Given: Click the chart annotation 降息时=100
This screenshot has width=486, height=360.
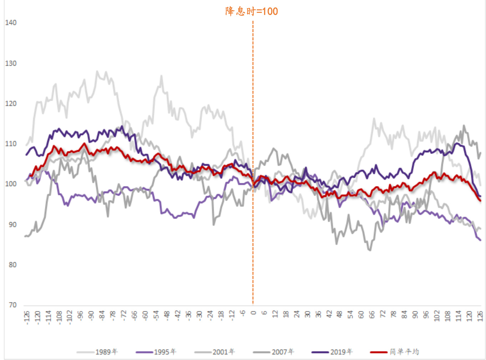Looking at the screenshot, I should click(x=252, y=11).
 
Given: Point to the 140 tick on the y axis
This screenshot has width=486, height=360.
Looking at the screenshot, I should click(x=11, y=23).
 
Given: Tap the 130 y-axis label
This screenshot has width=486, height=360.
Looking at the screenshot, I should click(x=11, y=64).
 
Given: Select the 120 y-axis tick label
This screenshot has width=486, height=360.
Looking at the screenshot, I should click(x=11, y=104).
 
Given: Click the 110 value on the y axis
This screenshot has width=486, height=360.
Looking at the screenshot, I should click(x=11, y=144).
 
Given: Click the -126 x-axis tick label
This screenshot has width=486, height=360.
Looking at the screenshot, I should click(x=26, y=317).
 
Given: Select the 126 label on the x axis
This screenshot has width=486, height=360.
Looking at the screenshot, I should click(x=480, y=316).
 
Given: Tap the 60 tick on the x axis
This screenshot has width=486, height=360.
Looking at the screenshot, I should click(x=361, y=315).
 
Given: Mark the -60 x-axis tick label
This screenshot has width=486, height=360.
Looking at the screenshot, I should click(x=145, y=315).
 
